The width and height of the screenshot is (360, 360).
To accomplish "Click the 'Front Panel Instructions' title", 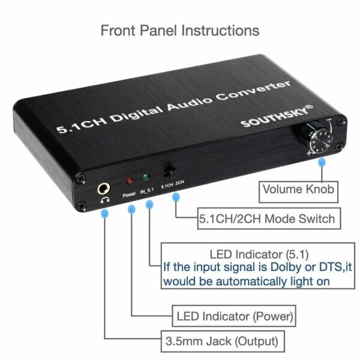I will tap(180, 30).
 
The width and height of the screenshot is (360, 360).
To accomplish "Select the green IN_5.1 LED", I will tap(145, 178).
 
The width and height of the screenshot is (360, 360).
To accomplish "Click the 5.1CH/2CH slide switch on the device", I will tap(169, 172).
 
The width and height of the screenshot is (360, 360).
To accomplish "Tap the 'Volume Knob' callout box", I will tap(298, 191).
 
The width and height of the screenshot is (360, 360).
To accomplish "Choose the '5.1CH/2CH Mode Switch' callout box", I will tap(266, 218).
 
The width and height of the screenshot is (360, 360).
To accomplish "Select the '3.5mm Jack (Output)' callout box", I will tap(221, 342).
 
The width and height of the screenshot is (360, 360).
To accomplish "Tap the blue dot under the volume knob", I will tap(323, 162).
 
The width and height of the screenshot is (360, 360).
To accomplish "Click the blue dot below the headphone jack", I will tap(105, 213).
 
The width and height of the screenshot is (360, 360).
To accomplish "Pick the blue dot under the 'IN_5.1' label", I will tap(149, 205).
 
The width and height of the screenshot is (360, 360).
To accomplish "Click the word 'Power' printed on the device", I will tap(130, 195).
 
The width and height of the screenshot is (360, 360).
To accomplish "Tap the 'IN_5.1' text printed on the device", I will tap(148, 191).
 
